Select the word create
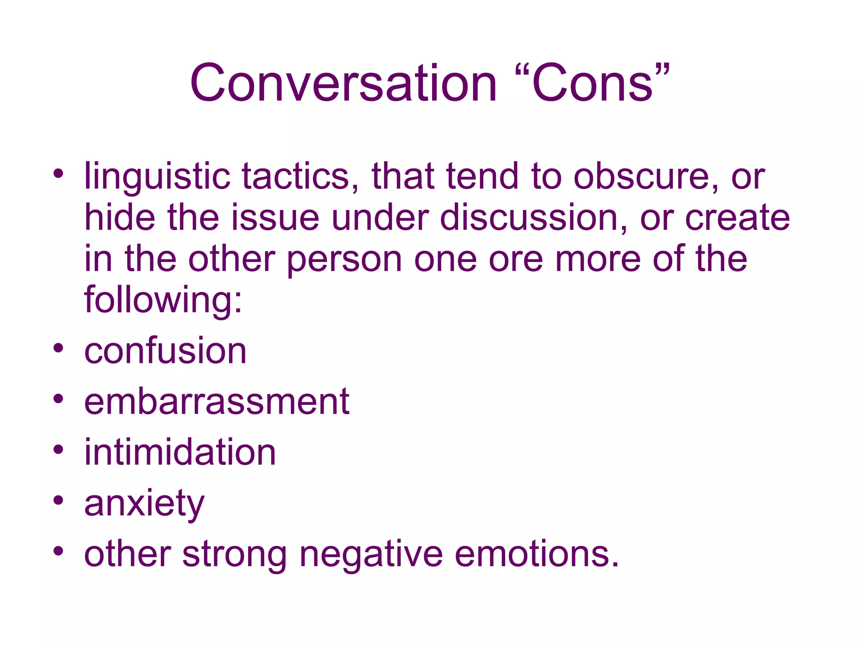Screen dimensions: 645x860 coord(737,217)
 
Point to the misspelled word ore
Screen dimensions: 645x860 coord(516,260)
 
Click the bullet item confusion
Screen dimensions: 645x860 coord(165,351)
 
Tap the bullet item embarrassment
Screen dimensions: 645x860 coord(217,401)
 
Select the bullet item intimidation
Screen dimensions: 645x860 coord(180,452)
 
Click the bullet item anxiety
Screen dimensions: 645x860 coord(144,504)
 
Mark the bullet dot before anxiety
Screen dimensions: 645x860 coord(58,500)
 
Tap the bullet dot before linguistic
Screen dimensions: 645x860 coord(58,173)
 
